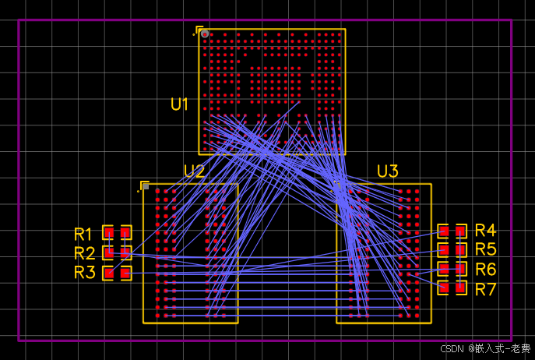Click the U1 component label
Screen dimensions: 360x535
tap(180, 104)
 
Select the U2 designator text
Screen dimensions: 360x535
tap(194, 171)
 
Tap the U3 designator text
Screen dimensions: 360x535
tap(387, 171)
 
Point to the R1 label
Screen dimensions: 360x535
tap(84, 234)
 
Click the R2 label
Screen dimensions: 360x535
tap(84, 253)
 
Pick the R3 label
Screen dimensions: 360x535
tap(84, 273)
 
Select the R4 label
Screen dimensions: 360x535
tap(485, 230)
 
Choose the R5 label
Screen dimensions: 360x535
tap(485, 249)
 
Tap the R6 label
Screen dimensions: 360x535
tap(485, 270)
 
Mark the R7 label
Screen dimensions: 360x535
tap(485, 290)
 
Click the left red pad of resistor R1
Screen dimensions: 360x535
tap(110, 232)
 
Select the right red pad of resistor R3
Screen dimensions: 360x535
tap(125, 273)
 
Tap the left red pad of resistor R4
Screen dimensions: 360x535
tap(444, 231)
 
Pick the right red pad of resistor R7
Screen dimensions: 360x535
tap(461, 288)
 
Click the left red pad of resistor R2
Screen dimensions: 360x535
tap(109, 252)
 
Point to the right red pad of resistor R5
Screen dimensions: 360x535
tap(461, 250)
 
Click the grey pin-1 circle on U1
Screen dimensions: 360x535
tap(205, 34)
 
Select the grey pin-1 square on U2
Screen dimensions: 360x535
tap(146, 186)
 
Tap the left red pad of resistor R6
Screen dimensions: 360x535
tap(444, 270)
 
